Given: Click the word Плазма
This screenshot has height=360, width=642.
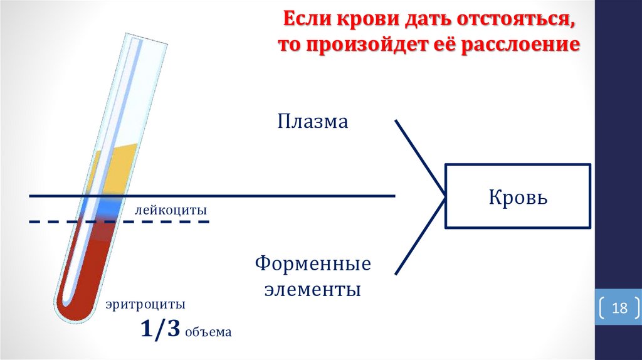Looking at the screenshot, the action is click(312, 121).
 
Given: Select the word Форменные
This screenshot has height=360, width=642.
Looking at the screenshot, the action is click(313, 264).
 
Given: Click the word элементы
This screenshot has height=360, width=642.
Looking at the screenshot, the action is click(312, 290).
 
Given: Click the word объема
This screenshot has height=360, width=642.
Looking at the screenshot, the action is click(208, 332).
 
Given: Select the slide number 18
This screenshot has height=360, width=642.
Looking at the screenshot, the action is click(619, 309).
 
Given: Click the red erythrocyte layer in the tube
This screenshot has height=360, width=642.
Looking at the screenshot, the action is click(88, 263).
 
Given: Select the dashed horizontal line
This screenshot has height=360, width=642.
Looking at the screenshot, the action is click(157, 221).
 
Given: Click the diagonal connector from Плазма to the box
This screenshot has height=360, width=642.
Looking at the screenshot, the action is click(420, 157).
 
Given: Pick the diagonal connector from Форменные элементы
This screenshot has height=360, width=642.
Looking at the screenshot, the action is click(420, 235).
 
